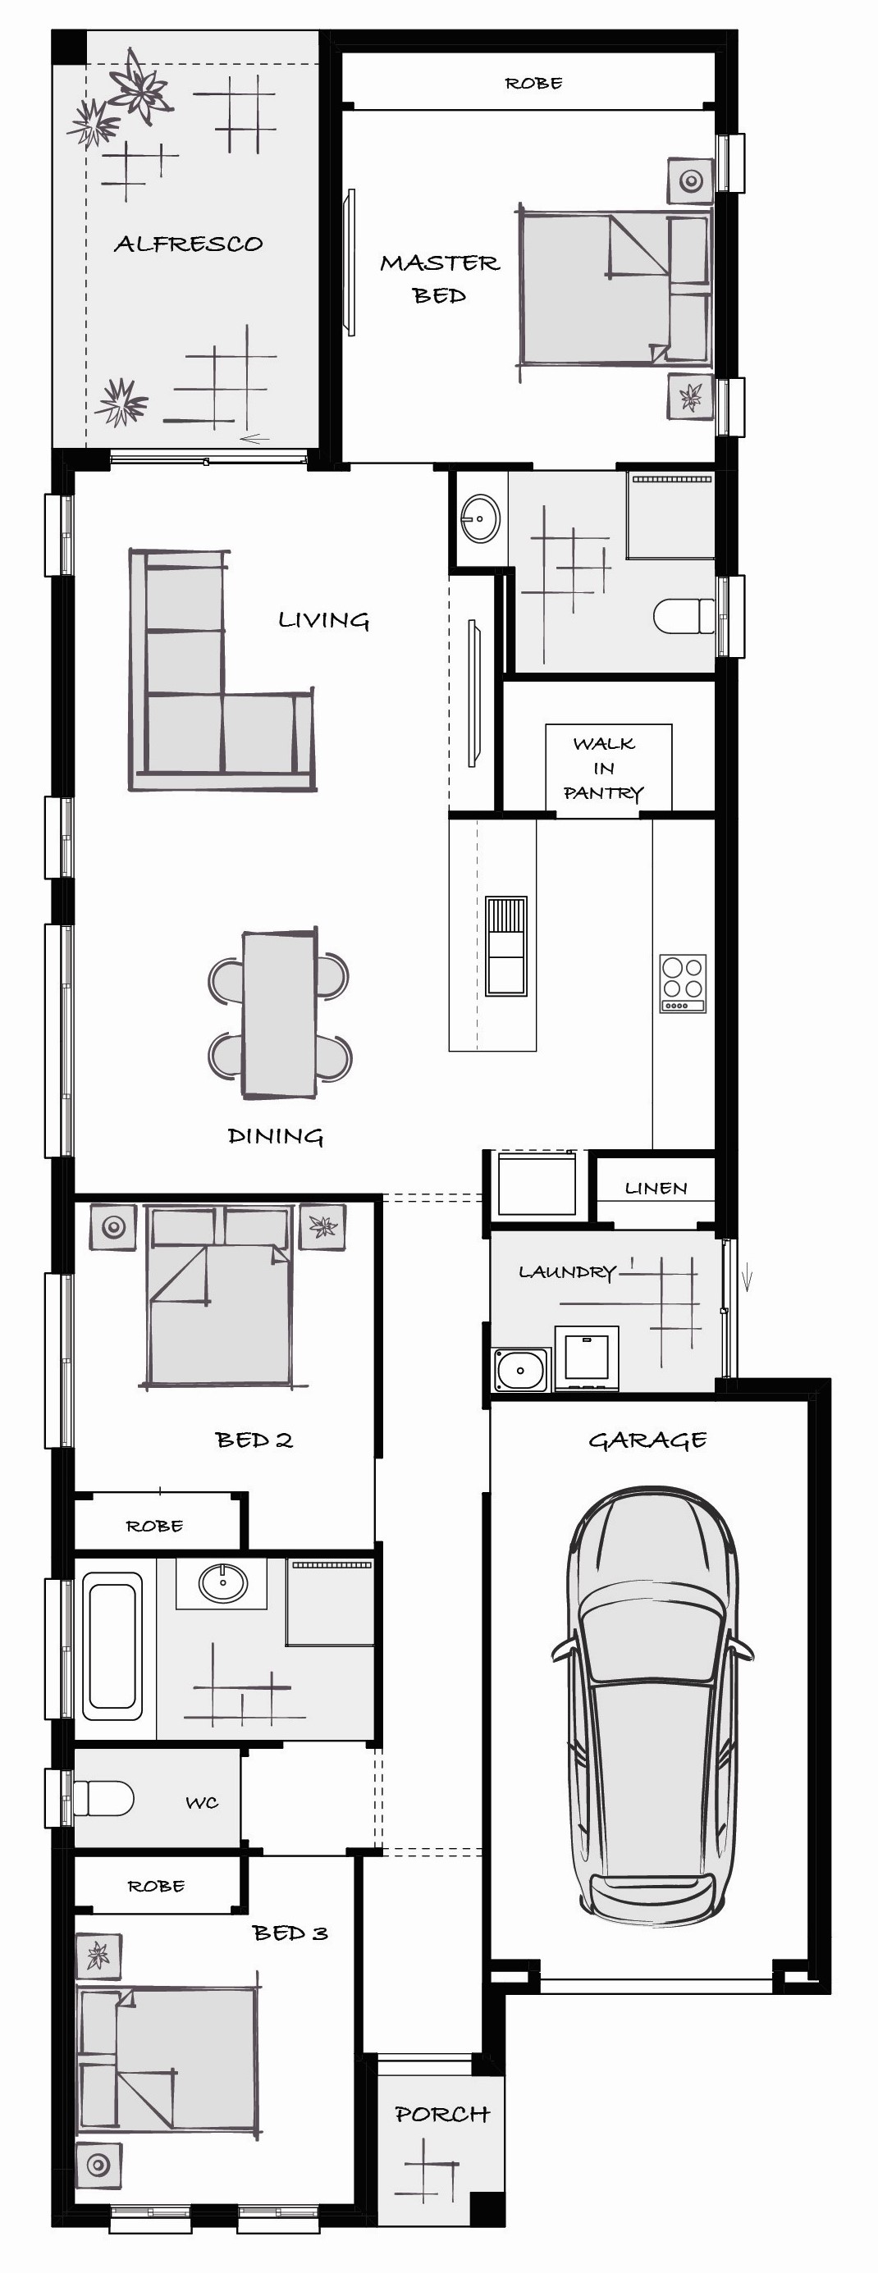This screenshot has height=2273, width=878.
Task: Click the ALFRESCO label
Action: tap(188, 244)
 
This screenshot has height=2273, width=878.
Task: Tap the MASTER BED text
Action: tap(440, 279)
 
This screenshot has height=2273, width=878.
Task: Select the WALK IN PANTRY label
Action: tap(604, 769)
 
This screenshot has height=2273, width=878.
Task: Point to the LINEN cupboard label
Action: tap(656, 1189)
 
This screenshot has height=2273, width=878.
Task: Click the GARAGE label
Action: tap(647, 1440)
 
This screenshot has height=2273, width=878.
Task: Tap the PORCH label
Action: tap(442, 2114)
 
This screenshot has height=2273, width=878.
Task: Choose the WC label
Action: tap(202, 1803)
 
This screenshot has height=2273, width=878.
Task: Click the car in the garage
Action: tap(652, 1703)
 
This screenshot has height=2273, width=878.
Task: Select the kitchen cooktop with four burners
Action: tap(683, 983)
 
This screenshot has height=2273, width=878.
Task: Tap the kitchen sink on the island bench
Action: tap(505, 947)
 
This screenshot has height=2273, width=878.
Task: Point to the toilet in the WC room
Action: tap(103, 1798)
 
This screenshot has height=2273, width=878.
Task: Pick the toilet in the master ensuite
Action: tap(684, 616)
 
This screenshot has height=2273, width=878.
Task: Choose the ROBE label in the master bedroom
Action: tap(534, 84)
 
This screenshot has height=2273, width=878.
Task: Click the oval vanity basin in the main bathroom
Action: tap(222, 1583)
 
